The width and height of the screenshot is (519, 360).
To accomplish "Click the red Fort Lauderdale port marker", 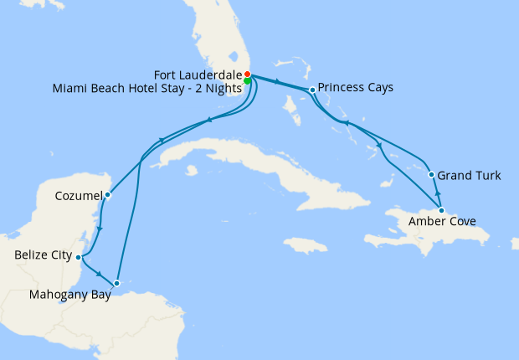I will (x=248, y=74).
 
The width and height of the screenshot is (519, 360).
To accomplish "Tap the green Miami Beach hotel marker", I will (x=249, y=81).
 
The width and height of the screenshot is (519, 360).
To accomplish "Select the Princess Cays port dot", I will (x=312, y=90).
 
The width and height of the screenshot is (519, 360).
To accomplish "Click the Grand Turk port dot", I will (x=431, y=175).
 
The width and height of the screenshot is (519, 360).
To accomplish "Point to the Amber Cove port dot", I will (x=442, y=209).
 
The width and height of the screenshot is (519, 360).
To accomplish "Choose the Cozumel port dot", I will (x=108, y=195).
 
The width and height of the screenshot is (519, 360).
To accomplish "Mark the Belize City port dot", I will (x=78, y=257).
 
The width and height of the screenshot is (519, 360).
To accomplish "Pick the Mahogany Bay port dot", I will (x=117, y=283).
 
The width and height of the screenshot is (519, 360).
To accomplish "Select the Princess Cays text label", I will (x=357, y=87).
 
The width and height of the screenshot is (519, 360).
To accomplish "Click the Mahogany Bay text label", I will (x=70, y=295).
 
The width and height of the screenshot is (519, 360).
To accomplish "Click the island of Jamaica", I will (x=305, y=244).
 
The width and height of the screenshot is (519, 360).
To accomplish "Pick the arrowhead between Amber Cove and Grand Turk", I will (x=437, y=193).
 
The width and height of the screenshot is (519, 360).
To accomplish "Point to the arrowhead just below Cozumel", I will (x=100, y=229).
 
